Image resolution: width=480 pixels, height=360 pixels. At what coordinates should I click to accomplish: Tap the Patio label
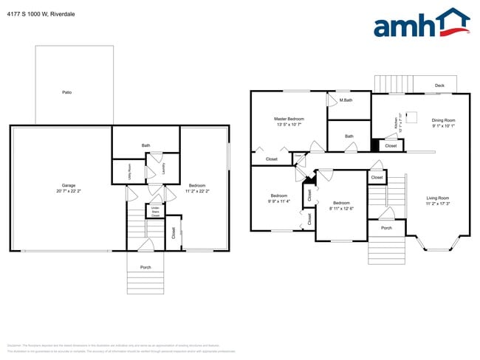coord(66,92)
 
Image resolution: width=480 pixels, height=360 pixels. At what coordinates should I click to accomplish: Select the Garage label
coord(69,187)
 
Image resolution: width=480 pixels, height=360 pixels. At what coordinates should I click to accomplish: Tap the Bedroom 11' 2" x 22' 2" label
coord(197,187)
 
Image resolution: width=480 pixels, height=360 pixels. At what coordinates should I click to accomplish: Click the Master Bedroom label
coord(289,121)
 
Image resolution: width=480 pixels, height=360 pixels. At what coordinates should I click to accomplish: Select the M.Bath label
coord(346,100)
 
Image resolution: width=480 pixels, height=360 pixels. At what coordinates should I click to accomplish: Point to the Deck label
coord(439,86)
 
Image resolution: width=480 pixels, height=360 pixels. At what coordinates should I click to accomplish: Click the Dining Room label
coord(444,122)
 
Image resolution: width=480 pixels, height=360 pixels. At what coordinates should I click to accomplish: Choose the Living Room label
coord(438,200)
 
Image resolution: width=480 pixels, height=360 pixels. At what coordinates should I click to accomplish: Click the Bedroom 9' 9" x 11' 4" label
coord(278,198)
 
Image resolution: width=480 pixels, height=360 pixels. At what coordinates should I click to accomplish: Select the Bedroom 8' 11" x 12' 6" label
coord(340,205)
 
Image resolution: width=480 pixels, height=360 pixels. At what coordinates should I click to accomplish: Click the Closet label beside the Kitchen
coord(391,146)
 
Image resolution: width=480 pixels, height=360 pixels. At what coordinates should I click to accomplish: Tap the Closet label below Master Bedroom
coord(271,159)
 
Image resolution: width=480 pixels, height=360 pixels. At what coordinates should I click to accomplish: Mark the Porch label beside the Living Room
coord(386,228)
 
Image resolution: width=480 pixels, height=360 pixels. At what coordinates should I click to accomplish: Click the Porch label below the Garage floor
coord(145,268)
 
